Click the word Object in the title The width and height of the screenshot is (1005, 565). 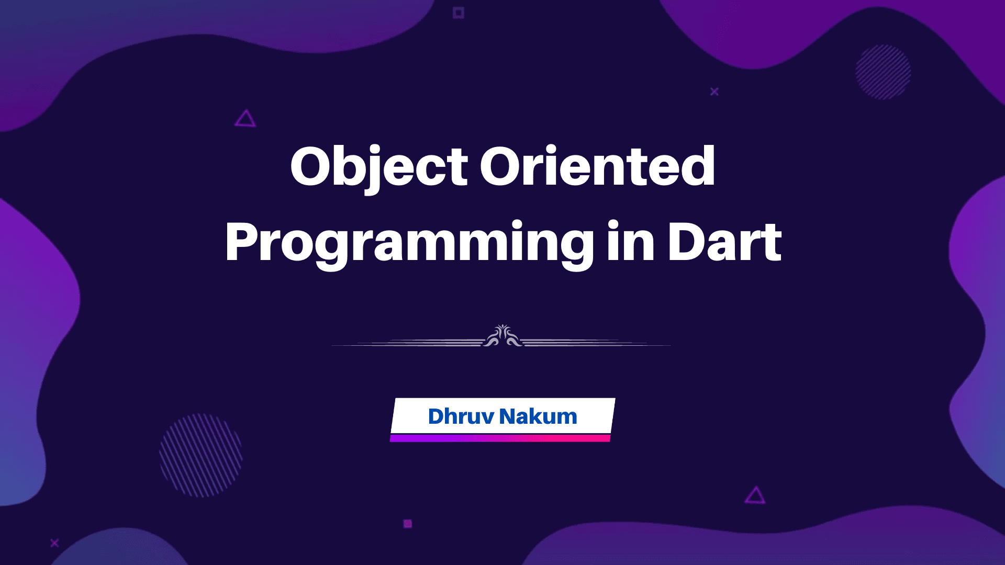(379, 166)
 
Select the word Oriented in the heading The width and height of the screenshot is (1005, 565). (597, 166)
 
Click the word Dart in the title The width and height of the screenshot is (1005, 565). (724, 242)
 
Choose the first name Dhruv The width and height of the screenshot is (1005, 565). (461, 416)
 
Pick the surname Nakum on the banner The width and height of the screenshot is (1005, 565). (538, 416)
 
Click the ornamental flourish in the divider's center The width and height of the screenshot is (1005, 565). (502, 336)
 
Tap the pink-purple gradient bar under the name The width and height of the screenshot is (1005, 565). (500, 438)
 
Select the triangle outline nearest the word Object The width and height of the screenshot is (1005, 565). (245, 119)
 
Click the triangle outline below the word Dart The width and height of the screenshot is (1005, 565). (755, 495)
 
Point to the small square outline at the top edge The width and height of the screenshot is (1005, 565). (459, 13)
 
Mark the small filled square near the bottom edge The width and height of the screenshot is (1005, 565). (408, 524)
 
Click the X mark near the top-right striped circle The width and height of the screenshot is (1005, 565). (714, 92)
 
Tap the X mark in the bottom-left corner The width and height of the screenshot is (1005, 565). (54, 543)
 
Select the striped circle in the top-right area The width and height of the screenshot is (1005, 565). (883, 72)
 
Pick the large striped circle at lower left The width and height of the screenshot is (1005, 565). (201, 455)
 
